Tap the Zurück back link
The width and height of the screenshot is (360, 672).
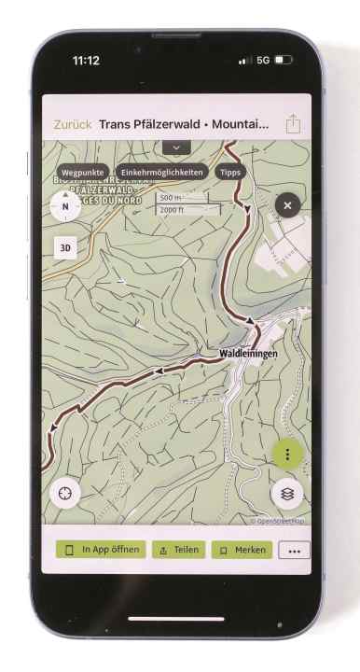pos(72,123)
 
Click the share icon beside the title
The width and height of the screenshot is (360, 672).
pos(293,123)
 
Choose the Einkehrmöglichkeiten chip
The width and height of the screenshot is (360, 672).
pos(162,173)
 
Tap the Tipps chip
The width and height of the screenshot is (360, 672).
pos(230,173)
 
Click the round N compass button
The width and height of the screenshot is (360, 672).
pos(65,206)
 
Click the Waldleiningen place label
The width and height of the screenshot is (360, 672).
pos(249,354)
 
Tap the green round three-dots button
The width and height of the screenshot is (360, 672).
pos(288,455)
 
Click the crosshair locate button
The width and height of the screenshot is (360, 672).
pos(66,491)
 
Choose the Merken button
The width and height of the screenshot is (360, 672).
pos(242,550)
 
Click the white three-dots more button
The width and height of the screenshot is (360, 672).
pos(296,551)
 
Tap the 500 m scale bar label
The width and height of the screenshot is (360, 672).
pos(171,198)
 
